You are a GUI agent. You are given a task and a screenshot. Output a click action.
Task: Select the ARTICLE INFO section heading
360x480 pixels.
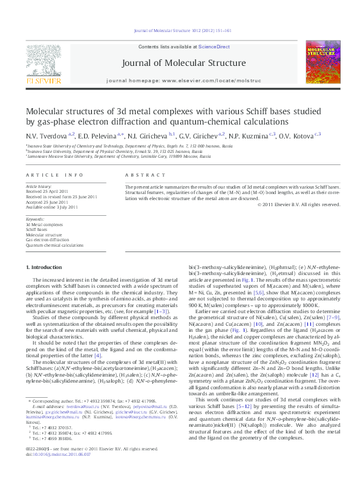click(54, 174)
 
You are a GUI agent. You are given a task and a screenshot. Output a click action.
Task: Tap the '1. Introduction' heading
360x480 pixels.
click(46, 267)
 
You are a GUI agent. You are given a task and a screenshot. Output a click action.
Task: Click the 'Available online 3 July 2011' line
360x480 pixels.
click(52, 207)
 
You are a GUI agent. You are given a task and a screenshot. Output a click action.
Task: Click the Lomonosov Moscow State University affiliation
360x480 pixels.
click(119, 157)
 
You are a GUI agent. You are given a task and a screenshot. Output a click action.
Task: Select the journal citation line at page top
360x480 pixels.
click(180, 21)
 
